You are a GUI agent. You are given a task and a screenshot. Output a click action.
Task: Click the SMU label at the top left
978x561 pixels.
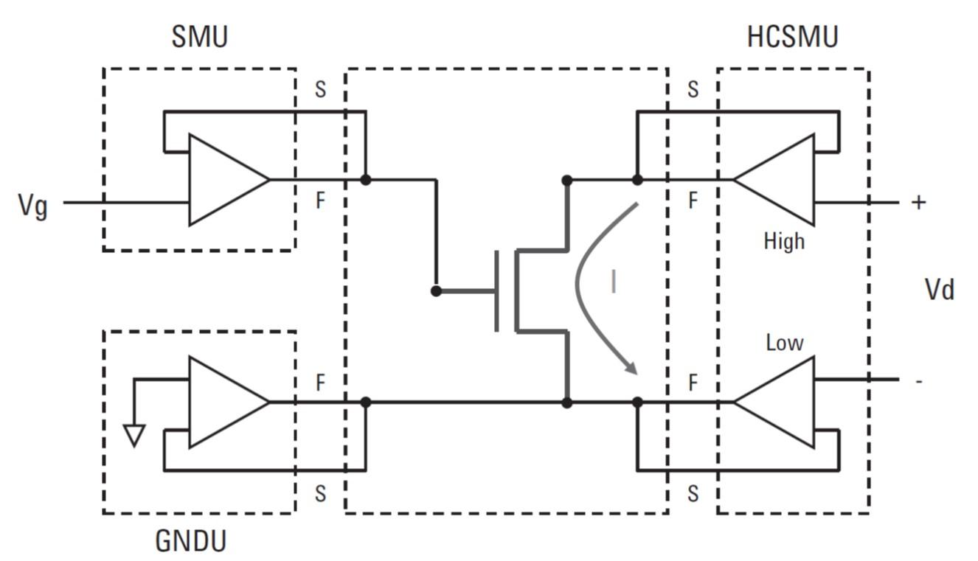(199, 37)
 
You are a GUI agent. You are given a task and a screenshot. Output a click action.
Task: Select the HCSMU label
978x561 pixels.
(792, 37)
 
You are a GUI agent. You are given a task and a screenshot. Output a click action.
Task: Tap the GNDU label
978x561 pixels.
(190, 542)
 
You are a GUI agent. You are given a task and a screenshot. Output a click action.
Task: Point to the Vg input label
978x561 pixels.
(32, 206)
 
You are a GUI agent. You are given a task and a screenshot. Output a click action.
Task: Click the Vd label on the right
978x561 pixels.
(939, 290)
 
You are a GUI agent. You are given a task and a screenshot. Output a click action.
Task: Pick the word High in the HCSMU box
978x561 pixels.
(784, 241)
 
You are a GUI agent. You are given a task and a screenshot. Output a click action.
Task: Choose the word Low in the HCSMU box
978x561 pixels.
(784, 343)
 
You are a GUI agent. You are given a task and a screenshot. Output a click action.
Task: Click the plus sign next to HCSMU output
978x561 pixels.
(918, 203)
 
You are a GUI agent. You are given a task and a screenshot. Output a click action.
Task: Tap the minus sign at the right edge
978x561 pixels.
(918, 381)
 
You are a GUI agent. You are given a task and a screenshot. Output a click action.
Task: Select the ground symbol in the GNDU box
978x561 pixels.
(133, 436)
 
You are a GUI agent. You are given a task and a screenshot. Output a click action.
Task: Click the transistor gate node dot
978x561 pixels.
(436, 291)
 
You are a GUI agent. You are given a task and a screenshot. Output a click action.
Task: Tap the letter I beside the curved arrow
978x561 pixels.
(613, 282)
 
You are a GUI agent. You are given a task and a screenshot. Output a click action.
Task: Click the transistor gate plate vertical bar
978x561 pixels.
(497, 291)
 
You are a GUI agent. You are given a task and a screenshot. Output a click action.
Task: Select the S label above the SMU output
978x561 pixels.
(320, 90)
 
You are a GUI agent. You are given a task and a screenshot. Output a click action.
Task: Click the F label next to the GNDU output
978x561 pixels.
(320, 383)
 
